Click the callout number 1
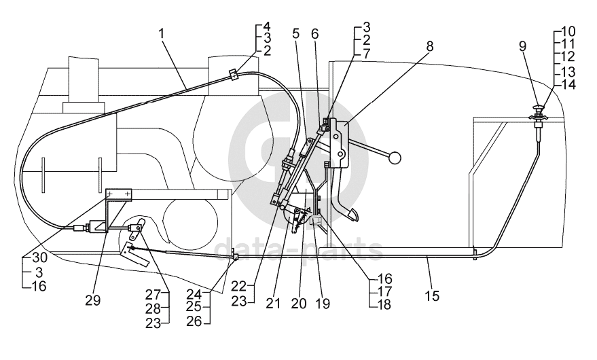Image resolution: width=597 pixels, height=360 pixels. [x=162, y=33]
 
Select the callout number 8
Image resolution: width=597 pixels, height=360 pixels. [x=429, y=46]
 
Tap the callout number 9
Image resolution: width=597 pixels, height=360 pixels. [x=523, y=46]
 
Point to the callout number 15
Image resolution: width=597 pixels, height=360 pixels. [x=432, y=295]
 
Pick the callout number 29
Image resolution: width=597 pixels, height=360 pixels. [x=92, y=300]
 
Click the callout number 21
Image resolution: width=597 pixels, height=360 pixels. [x=274, y=304]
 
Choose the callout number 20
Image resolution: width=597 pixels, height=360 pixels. [x=299, y=304]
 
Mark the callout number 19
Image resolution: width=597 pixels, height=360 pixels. [x=323, y=304]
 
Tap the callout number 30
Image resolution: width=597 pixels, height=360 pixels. [x=39, y=258]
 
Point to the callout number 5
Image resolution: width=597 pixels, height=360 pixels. [x=296, y=33]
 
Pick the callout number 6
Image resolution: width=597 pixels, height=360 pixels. [x=314, y=33]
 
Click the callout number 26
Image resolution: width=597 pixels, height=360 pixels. [x=194, y=321]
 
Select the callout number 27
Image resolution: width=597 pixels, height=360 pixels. [x=153, y=295]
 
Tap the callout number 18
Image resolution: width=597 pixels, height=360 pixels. [x=384, y=304]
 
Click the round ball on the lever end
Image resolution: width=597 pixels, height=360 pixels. [x=395, y=158]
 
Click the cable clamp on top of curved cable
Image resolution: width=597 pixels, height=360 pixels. [x=234, y=74]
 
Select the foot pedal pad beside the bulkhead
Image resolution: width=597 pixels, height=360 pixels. [x=350, y=215]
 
